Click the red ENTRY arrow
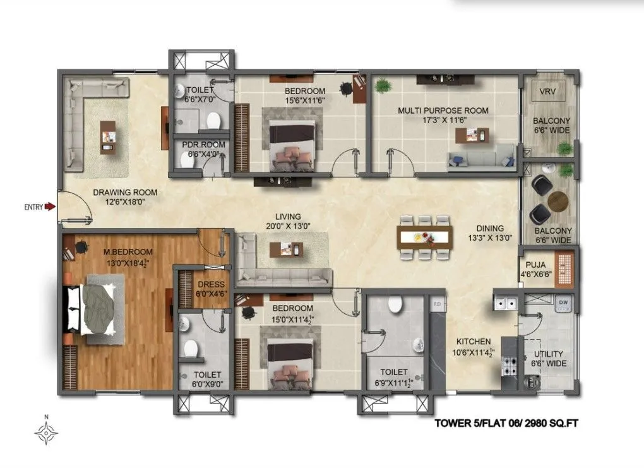[49, 206]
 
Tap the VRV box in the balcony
[547, 92]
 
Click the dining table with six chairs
[425, 237]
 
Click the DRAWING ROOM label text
[125, 193]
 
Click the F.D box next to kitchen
[436, 304]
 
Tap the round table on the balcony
[558, 201]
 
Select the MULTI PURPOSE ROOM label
[443, 111]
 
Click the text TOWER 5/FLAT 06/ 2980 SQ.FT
[506, 424]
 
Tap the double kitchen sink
[506, 304]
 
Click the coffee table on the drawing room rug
[109, 136]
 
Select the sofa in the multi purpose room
[481, 159]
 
